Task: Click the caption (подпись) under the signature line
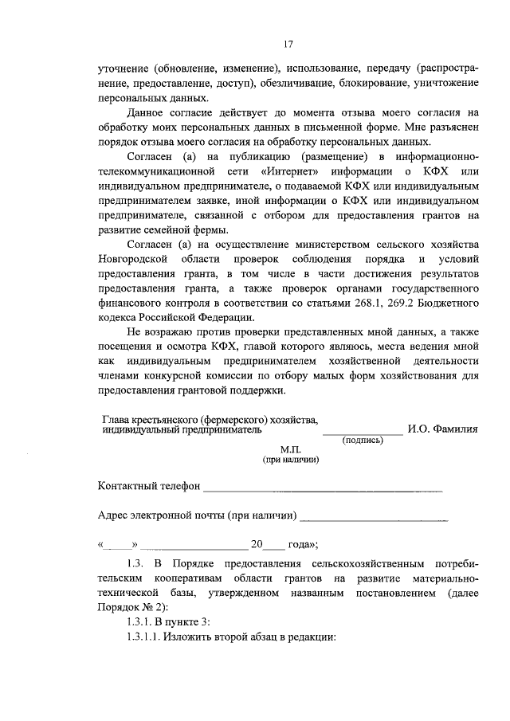pos(363,440)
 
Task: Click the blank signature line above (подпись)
pos(363,430)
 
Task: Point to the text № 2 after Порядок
pos(146,608)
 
